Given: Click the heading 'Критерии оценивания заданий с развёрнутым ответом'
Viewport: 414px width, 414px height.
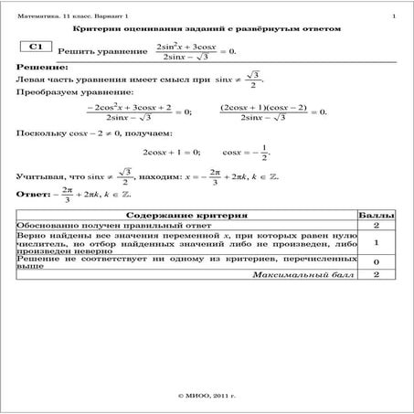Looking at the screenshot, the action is [206, 29].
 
